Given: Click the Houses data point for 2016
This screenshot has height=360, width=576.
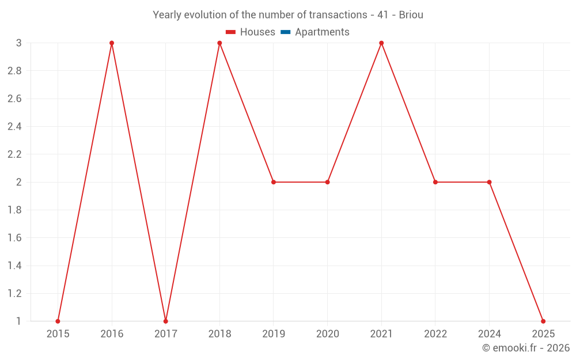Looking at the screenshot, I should point(112,43).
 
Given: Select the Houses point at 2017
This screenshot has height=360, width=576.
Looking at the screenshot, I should point(165,321).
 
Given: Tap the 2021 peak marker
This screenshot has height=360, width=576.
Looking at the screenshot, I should point(381,43).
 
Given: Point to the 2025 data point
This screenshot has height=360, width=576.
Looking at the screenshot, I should point(543,321).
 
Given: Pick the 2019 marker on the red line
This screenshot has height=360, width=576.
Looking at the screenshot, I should point(274,182).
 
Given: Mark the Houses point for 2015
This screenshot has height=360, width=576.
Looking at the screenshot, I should point(58,321).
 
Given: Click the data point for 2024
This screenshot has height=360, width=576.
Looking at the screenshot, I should point(489,182).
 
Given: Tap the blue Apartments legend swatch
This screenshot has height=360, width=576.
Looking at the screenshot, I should point(285,32).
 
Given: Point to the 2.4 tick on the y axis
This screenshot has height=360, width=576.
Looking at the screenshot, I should point(14,127).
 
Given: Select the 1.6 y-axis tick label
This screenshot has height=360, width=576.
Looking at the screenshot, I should point(14,238).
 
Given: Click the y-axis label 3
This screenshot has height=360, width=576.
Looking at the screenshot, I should point(18,43).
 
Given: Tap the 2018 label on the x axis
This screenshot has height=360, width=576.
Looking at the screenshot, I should point(219,334).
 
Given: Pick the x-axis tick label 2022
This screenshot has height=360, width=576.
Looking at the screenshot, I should point(435,334).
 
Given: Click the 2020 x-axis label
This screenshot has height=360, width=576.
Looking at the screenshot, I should point(327,334).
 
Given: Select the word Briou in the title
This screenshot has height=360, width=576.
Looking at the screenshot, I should point(411,15).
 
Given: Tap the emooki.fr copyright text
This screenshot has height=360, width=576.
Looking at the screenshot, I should point(526,348).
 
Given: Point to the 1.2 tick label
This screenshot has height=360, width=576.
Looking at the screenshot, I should point(14,294).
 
